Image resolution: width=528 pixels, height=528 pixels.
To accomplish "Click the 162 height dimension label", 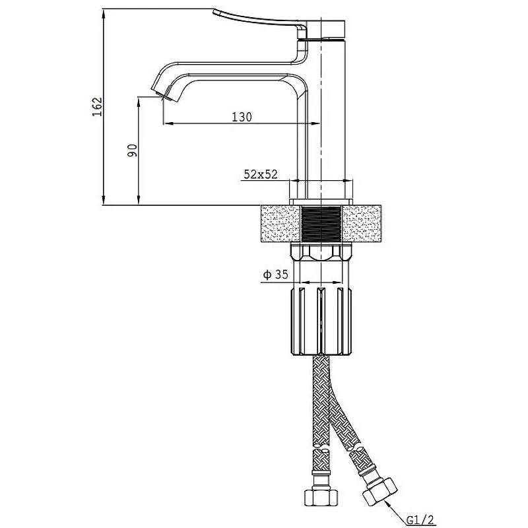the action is pyautogui.click(x=97, y=107).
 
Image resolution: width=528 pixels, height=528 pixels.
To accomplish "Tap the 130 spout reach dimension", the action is pyautogui.click(x=242, y=117).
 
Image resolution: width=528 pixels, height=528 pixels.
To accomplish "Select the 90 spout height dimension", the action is pyautogui.click(x=133, y=150).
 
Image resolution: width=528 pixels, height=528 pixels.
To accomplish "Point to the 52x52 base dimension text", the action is pyautogui.click(x=261, y=174).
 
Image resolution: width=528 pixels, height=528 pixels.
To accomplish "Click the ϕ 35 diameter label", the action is pyautogui.click(x=276, y=275).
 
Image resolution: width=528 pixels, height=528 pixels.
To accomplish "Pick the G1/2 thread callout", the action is pyautogui.click(x=420, y=520).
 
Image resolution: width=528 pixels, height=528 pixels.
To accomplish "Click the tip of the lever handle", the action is pyautogui.click(x=214, y=12).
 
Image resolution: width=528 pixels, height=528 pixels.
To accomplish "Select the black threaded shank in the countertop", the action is pyautogui.click(x=321, y=224).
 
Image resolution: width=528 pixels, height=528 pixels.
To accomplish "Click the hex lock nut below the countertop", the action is pyautogui.click(x=321, y=253).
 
